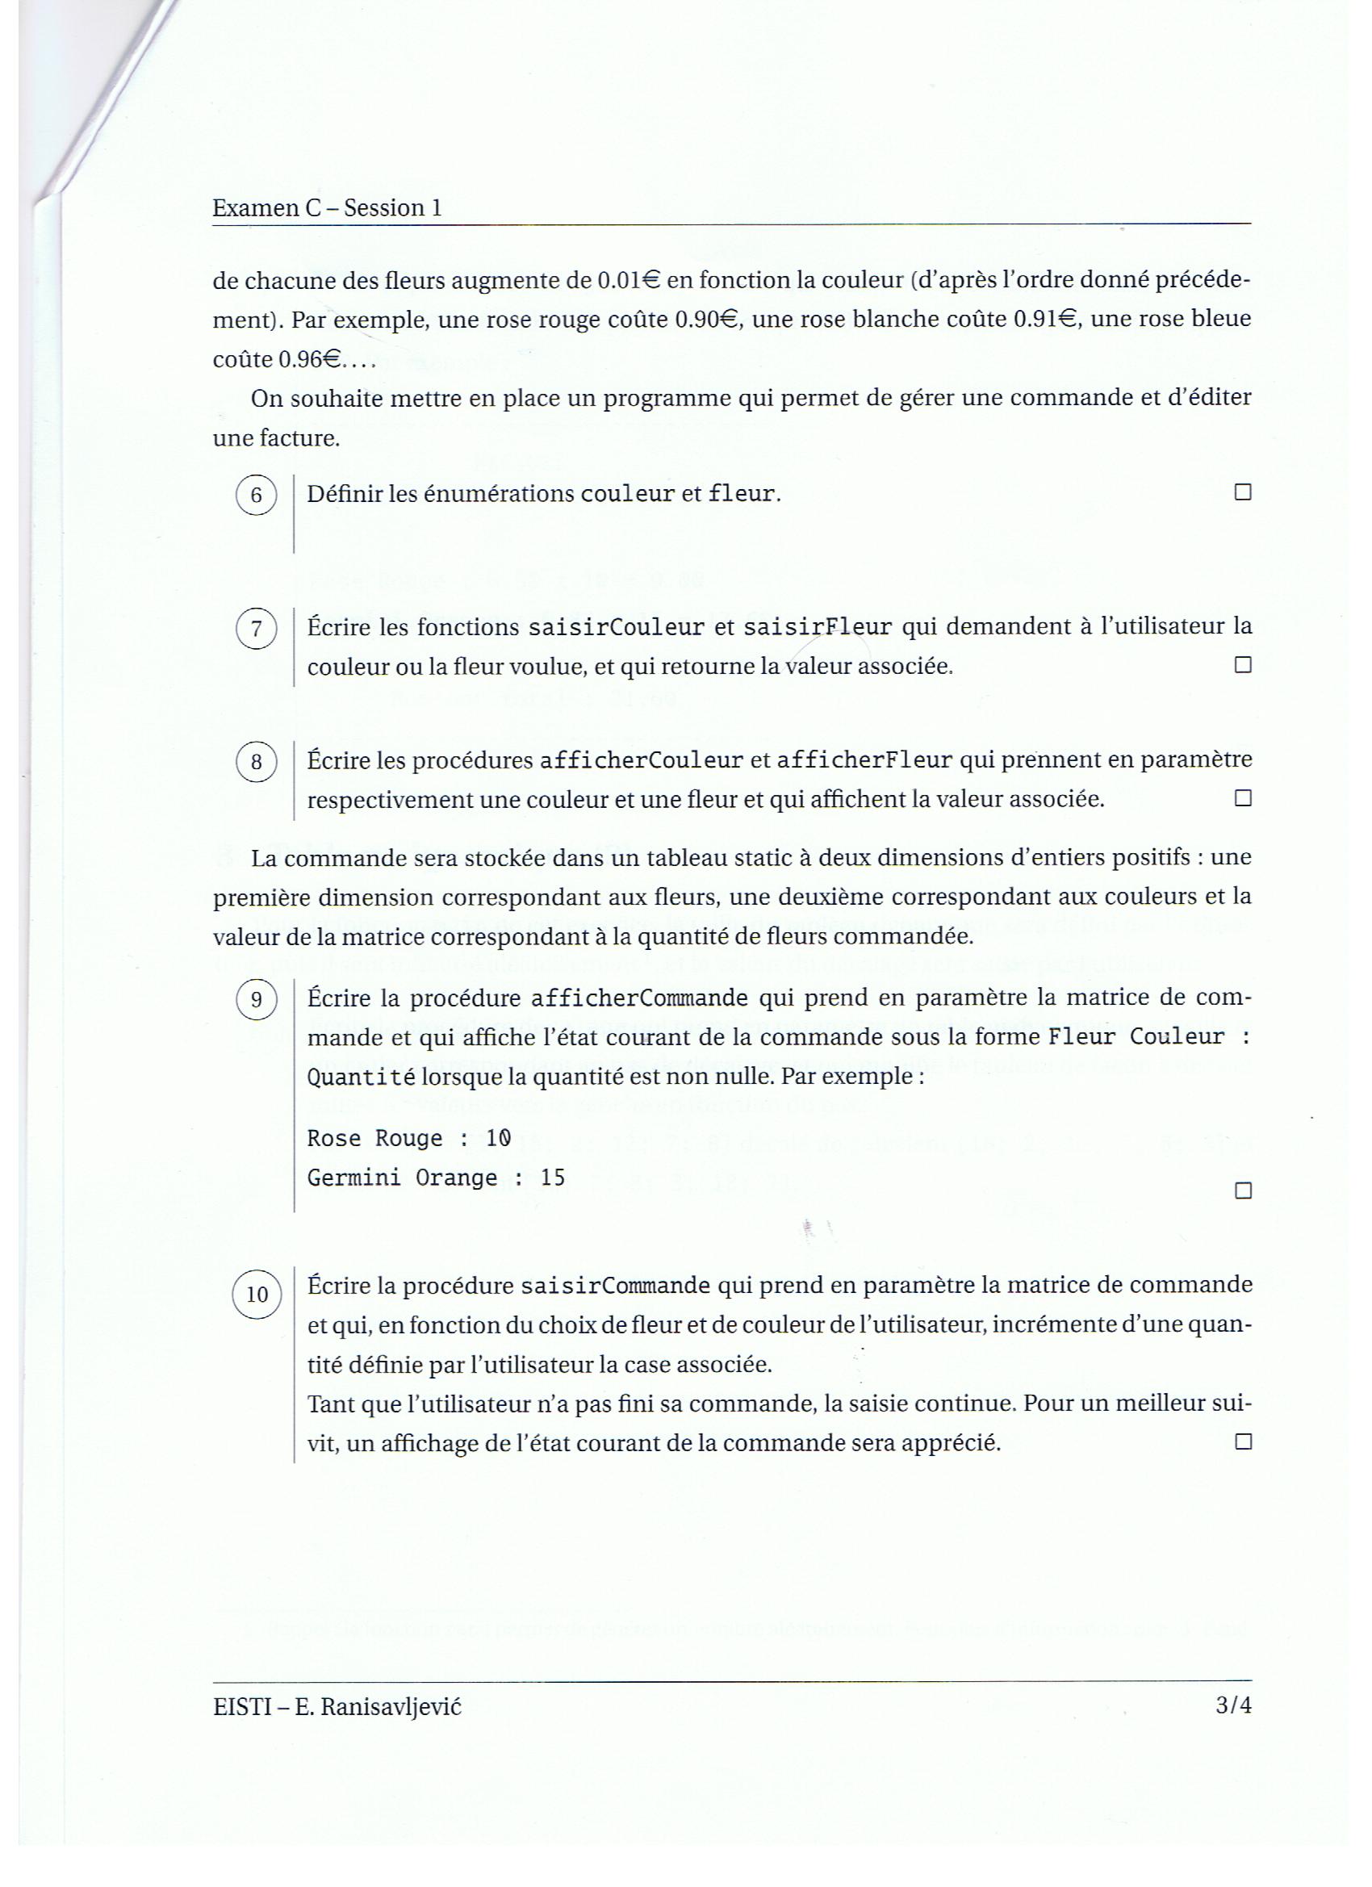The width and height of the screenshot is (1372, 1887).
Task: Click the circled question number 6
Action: click(257, 496)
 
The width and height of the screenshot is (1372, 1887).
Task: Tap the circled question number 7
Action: click(257, 629)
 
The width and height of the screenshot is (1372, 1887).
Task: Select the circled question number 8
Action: click(257, 762)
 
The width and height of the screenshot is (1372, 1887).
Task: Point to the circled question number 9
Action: click(257, 1000)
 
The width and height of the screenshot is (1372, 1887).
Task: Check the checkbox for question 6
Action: click(1242, 492)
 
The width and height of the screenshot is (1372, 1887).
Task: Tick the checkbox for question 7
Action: click(1242, 665)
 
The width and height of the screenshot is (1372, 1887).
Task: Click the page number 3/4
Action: click(1233, 1705)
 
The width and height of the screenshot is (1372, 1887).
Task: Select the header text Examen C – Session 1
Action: click(327, 208)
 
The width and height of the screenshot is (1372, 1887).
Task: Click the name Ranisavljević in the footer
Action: click(391, 1706)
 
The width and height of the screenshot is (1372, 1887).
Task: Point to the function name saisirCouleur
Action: click(616, 627)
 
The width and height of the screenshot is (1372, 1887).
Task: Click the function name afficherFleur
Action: click(864, 760)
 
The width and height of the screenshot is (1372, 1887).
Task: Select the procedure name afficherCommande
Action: click(639, 998)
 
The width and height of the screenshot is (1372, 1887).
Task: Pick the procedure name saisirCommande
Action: click(615, 1287)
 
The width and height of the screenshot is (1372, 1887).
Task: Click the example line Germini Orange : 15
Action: click(436, 1178)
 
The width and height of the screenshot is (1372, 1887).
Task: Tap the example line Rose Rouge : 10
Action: click(408, 1138)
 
